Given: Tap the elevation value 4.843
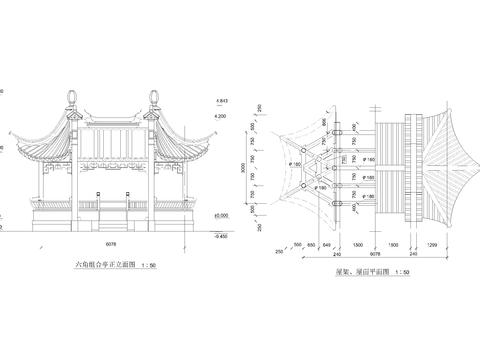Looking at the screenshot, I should pyautogui.click(x=221, y=101).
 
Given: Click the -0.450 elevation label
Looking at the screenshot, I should pyautogui.click(x=219, y=237).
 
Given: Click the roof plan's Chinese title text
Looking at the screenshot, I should pyautogui.click(x=356, y=271).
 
